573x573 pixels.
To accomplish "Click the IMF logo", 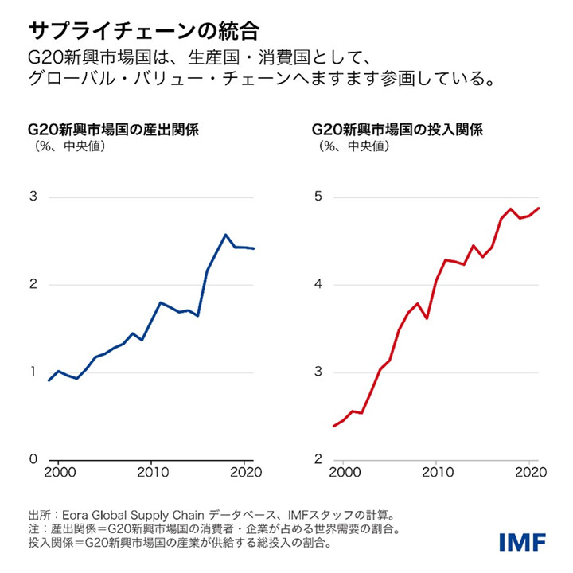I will point(522,543).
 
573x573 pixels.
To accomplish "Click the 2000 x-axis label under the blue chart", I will point(60,474).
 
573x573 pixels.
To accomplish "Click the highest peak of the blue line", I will point(226,234).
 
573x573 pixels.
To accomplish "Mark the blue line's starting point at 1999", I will point(49,380).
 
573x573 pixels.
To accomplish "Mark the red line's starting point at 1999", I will point(333,427).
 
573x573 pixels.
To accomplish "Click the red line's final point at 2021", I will point(540,209).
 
